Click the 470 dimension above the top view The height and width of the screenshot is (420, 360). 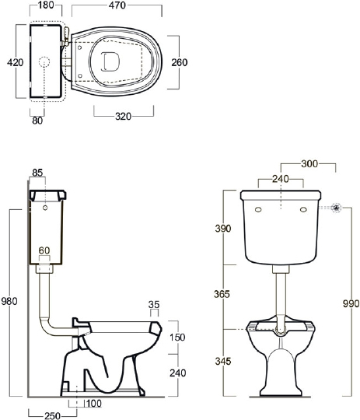(117, 5)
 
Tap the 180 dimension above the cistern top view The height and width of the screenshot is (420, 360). (46, 5)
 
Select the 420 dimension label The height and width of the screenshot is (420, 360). (16, 62)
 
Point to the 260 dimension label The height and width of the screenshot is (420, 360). (179, 62)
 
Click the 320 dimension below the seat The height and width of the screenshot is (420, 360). (123, 116)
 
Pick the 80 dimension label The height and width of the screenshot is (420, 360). (37, 121)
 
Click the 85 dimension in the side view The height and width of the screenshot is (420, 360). (37, 173)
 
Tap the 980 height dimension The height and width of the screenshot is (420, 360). (9, 301)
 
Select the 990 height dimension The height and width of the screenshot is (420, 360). (351, 303)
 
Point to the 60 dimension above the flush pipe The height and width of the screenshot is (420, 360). (44, 250)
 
